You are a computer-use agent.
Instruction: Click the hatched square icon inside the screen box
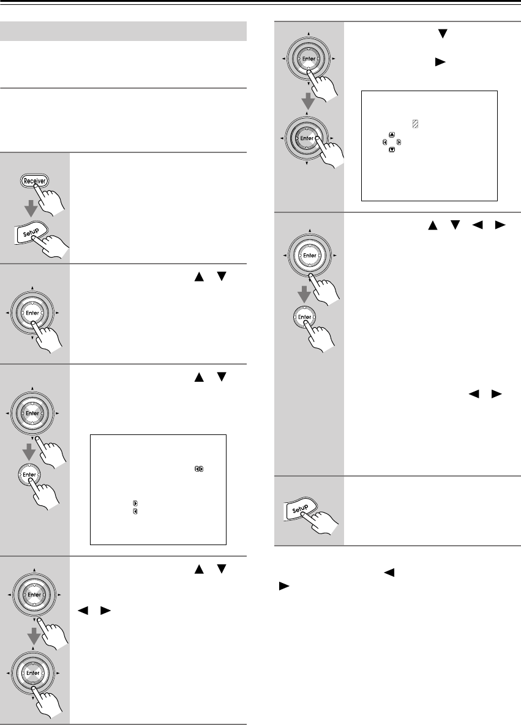pyautogui.click(x=415, y=124)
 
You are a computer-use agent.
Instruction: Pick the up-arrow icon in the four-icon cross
pyautogui.click(x=392, y=135)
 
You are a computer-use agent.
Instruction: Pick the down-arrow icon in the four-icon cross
pyautogui.click(x=392, y=149)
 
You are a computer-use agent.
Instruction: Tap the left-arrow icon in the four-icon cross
pyautogui.click(x=384, y=142)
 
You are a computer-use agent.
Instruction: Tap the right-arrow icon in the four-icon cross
pyautogui.click(x=399, y=142)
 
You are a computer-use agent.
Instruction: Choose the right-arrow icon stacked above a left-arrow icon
pyautogui.click(x=135, y=504)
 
